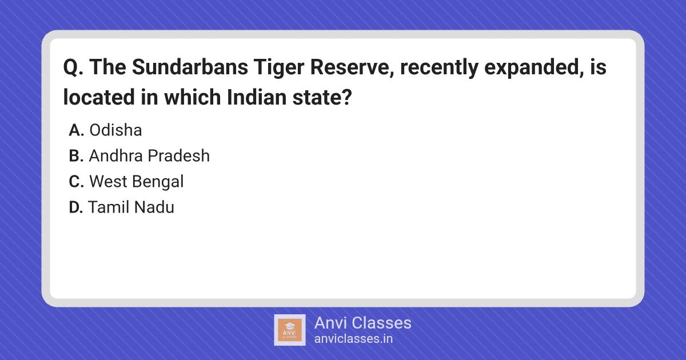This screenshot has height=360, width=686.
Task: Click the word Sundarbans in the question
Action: tap(190, 67)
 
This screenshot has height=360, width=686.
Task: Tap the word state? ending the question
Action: tap(322, 97)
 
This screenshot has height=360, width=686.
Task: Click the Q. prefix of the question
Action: tap(73, 67)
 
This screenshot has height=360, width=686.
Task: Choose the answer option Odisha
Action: tap(115, 130)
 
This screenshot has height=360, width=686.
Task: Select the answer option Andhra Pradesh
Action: tap(149, 155)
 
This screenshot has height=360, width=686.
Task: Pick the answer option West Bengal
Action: tap(137, 182)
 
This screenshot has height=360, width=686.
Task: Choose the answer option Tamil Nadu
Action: tap(131, 207)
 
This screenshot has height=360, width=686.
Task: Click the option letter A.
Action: tap(76, 130)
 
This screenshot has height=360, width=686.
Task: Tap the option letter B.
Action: tap(76, 156)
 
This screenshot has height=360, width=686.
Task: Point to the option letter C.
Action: tap(76, 182)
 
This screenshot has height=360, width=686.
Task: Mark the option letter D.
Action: tap(76, 207)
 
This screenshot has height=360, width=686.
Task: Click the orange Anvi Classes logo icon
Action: tap(289, 330)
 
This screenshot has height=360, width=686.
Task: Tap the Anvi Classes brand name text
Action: tap(362, 323)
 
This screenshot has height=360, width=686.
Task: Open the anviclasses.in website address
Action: tap(353, 339)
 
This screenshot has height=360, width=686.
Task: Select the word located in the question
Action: tap(99, 97)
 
